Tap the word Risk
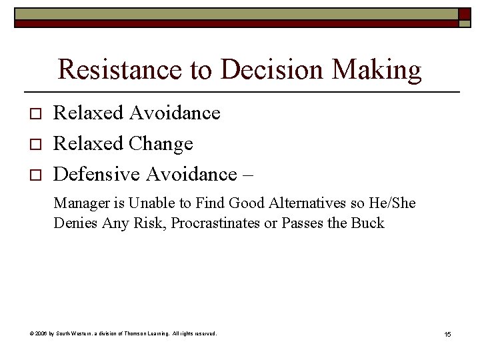pyautogui.click(x=151, y=223)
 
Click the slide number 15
pyautogui.click(x=447, y=334)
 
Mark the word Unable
pyautogui.click(x=147, y=203)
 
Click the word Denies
pyautogui.click(x=76, y=223)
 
